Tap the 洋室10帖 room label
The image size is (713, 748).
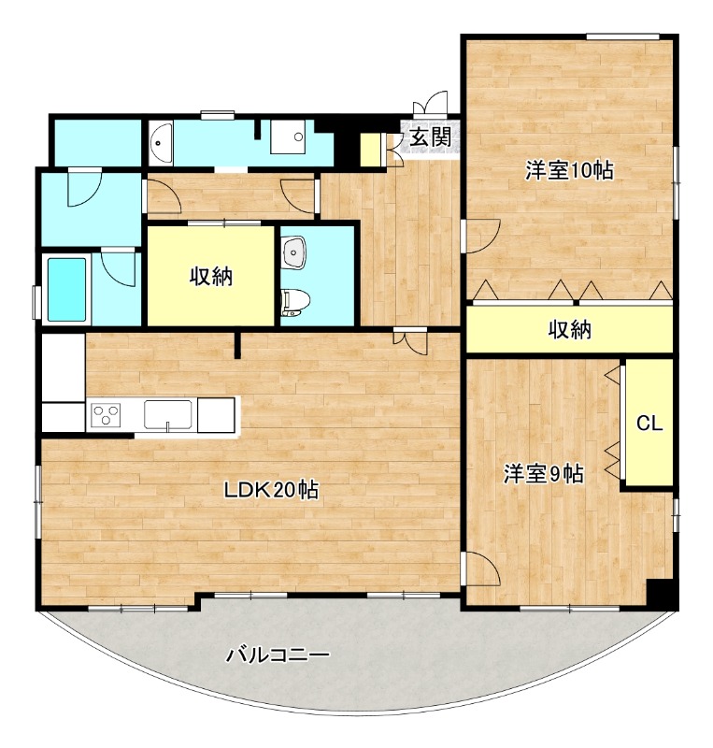tap(568, 171)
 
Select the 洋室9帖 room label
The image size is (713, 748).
tap(544, 474)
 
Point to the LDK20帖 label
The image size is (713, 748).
tap(271, 490)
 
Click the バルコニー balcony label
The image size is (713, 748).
tap(278, 655)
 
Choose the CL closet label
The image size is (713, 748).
tap(649, 423)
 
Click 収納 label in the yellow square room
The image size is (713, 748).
tap(211, 276)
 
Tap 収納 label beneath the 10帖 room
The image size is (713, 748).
tap(569, 330)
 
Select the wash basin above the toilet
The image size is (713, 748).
tap(293, 251)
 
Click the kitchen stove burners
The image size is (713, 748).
tap(105, 414)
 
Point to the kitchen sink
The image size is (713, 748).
tap(168, 412)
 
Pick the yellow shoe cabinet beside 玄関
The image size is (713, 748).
tap(370, 149)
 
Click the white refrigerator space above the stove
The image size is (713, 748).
tap(63, 367)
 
